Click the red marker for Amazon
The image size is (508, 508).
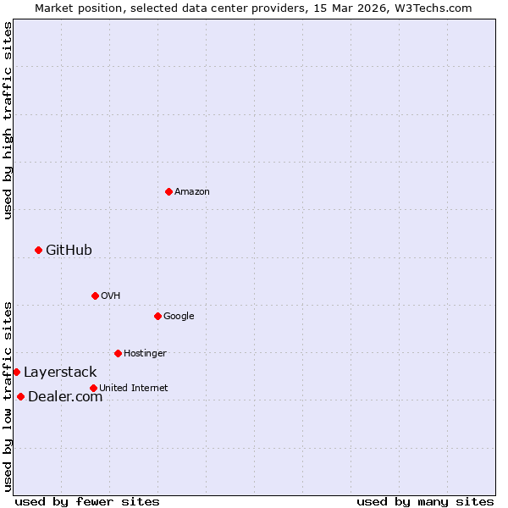tap(168, 191)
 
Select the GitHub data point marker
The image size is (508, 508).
tap(38, 250)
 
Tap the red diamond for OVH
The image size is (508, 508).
tap(95, 295)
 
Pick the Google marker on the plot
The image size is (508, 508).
tap(157, 316)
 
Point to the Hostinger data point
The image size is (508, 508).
tap(118, 353)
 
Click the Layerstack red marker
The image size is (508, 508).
tap(16, 372)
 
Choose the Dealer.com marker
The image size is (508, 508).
tap(20, 396)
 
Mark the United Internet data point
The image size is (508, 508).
tap(93, 388)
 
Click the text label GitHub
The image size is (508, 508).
tap(69, 250)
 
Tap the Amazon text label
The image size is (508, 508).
tap(192, 191)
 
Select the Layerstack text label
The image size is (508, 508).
tap(60, 372)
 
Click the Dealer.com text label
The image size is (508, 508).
tap(65, 396)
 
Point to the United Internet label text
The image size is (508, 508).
tap(133, 388)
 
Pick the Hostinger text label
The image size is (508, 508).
tap(145, 353)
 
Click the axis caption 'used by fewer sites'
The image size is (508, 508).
tap(87, 501)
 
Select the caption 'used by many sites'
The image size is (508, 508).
tap(425, 501)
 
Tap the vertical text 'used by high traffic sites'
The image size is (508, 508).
tap(8, 120)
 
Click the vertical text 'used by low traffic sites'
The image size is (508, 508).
tap(8, 395)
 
